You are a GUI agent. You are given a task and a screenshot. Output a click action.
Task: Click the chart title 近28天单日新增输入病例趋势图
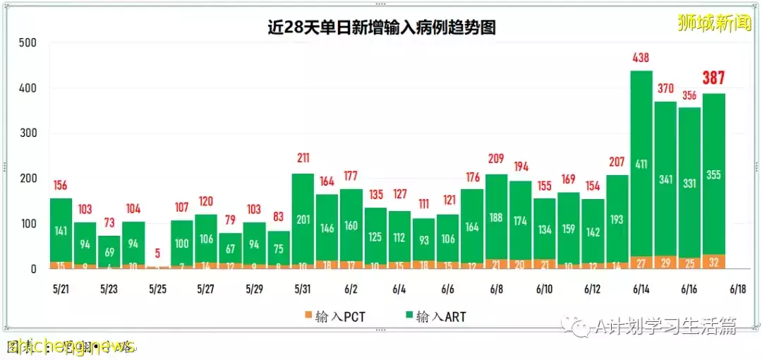point(381,28)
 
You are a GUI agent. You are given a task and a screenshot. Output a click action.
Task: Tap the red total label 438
point(641,58)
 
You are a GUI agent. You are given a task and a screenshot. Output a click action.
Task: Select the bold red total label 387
point(713,78)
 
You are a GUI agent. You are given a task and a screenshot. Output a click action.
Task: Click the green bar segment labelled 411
point(641,164)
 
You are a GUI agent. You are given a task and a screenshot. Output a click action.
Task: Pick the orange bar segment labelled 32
point(713,262)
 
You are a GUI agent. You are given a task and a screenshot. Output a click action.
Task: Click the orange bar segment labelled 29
point(665,263)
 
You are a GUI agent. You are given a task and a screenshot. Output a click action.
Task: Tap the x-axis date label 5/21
point(61,289)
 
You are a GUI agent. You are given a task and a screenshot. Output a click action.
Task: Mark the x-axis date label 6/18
point(737,289)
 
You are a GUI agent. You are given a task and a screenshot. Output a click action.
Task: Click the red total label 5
point(157,252)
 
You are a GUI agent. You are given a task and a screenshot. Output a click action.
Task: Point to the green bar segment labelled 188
point(496,217)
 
